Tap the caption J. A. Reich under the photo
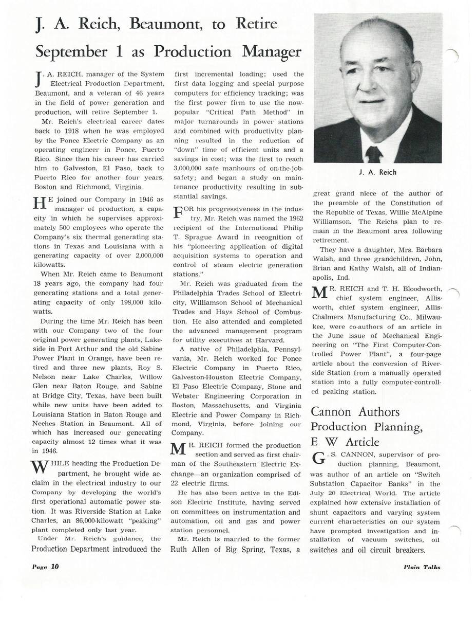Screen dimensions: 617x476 (x=377, y=172)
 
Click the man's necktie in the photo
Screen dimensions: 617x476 (x=373, y=154)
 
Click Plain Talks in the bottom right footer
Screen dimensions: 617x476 (x=422, y=567)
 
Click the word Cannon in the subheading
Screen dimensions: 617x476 (x=332, y=412)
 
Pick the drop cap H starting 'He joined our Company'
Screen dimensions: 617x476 (x=40, y=204)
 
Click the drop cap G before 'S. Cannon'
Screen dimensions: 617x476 (x=318, y=458)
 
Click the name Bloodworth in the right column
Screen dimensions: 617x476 (x=420, y=289)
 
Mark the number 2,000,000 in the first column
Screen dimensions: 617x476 (x=145, y=255)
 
